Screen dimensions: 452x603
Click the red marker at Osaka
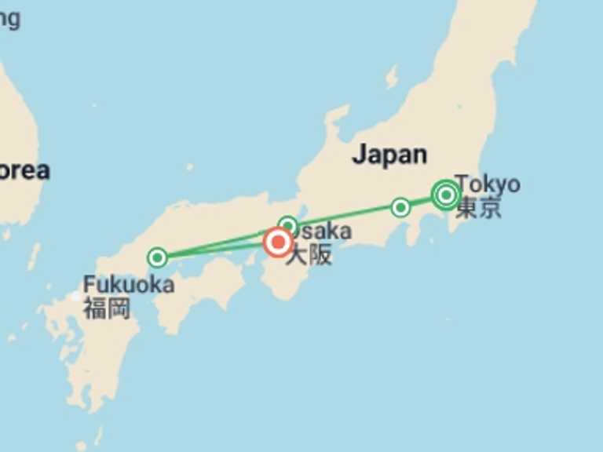(x=278, y=242)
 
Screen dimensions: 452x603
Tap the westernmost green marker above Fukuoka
(x=157, y=257)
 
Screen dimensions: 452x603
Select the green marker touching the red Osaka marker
(x=288, y=227)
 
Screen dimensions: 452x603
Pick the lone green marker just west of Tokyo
(x=400, y=207)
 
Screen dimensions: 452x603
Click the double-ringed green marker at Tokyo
(x=446, y=194)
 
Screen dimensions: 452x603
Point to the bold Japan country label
(x=389, y=155)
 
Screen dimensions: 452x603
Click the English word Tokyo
(x=488, y=184)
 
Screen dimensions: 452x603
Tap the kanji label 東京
(x=478, y=208)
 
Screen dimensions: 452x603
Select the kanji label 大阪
(x=309, y=255)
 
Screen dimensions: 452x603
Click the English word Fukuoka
(x=129, y=284)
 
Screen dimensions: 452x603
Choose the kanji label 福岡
(x=106, y=307)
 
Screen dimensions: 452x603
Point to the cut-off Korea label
(x=24, y=170)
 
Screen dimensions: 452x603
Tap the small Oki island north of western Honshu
(x=189, y=166)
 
